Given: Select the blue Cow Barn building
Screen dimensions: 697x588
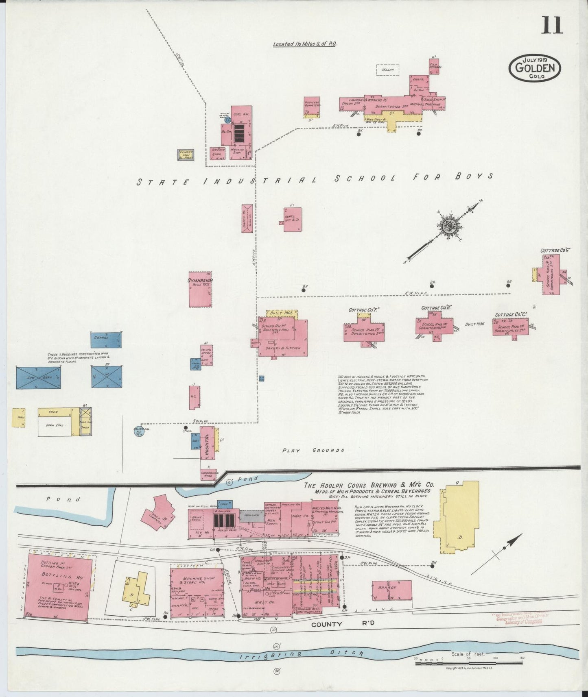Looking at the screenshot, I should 39,378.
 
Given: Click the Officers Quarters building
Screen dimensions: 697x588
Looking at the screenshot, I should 312,107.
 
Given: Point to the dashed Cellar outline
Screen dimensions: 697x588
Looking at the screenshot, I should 387,70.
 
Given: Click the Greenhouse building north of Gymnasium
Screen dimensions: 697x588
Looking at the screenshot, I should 247,218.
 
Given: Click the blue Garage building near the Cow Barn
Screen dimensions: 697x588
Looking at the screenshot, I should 106,340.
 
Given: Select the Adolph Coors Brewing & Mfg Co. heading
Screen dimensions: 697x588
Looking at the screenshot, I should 369,485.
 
